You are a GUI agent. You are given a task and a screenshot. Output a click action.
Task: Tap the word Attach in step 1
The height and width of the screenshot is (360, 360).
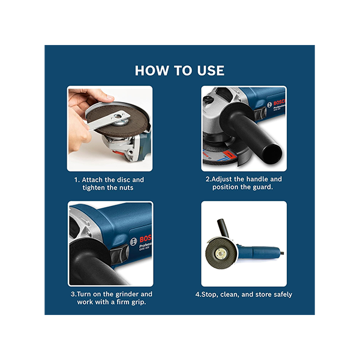[x=92, y=179]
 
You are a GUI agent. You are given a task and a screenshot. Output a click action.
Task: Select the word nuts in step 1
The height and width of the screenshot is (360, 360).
[x=126, y=188]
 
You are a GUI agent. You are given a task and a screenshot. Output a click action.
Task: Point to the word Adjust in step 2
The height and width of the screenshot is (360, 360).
[x=222, y=179]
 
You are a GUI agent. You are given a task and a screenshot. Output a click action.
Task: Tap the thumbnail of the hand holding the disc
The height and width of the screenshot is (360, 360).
[x=110, y=128]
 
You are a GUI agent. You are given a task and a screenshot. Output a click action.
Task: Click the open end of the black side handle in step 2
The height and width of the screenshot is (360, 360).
[x=273, y=154]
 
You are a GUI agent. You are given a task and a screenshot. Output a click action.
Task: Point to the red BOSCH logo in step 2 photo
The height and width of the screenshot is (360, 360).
[x=280, y=102]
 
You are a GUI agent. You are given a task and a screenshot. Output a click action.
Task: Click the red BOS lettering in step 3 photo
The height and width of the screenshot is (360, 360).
[x=145, y=239]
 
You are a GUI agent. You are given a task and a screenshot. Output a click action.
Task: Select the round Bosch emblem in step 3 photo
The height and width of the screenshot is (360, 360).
[x=134, y=242]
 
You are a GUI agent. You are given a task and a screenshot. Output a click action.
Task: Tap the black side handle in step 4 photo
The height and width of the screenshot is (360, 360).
[x=223, y=228]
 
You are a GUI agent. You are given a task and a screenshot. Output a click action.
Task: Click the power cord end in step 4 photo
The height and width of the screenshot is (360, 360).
[x=282, y=253]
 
